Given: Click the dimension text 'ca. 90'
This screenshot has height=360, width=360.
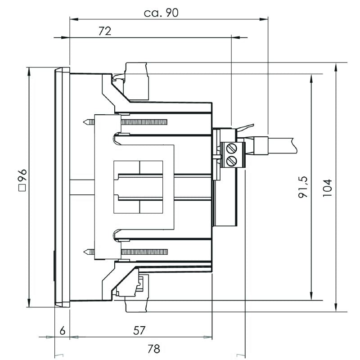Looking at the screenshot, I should (x=161, y=13).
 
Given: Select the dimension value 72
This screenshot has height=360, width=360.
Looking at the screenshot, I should (x=104, y=31).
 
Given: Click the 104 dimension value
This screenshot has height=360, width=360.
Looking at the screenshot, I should (x=327, y=188).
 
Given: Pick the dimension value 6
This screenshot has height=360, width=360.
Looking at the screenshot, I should (x=63, y=330).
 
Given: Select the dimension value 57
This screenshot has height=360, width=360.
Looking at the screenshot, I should (x=139, y=330).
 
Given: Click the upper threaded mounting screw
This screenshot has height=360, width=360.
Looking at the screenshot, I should (x=144, y=122).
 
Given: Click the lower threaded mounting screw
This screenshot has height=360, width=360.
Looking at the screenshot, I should (x=144, y=251).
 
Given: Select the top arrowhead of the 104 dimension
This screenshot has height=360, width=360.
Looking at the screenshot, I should (x=336, y=67).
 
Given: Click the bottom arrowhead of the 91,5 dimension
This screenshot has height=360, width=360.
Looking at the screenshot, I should (x=311, y=297).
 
